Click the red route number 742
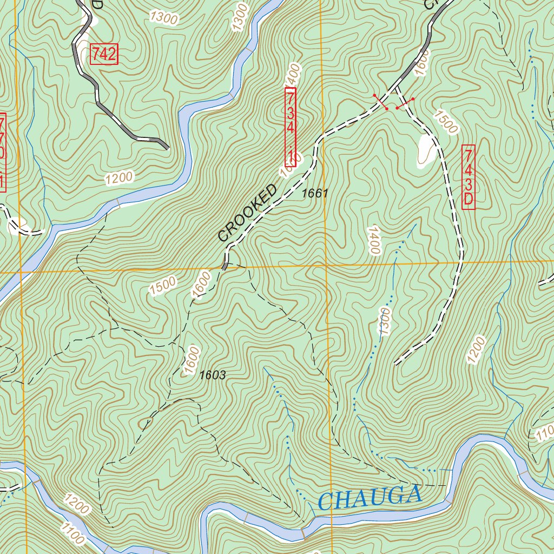(103, 54)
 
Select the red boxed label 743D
(468, 177)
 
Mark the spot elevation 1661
(315, 193)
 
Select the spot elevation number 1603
(212, 375)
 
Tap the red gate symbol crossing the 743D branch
(405, 103)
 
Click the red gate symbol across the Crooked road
(380, 102)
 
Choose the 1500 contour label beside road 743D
(445, 122)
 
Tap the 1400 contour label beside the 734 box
(292, 74)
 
